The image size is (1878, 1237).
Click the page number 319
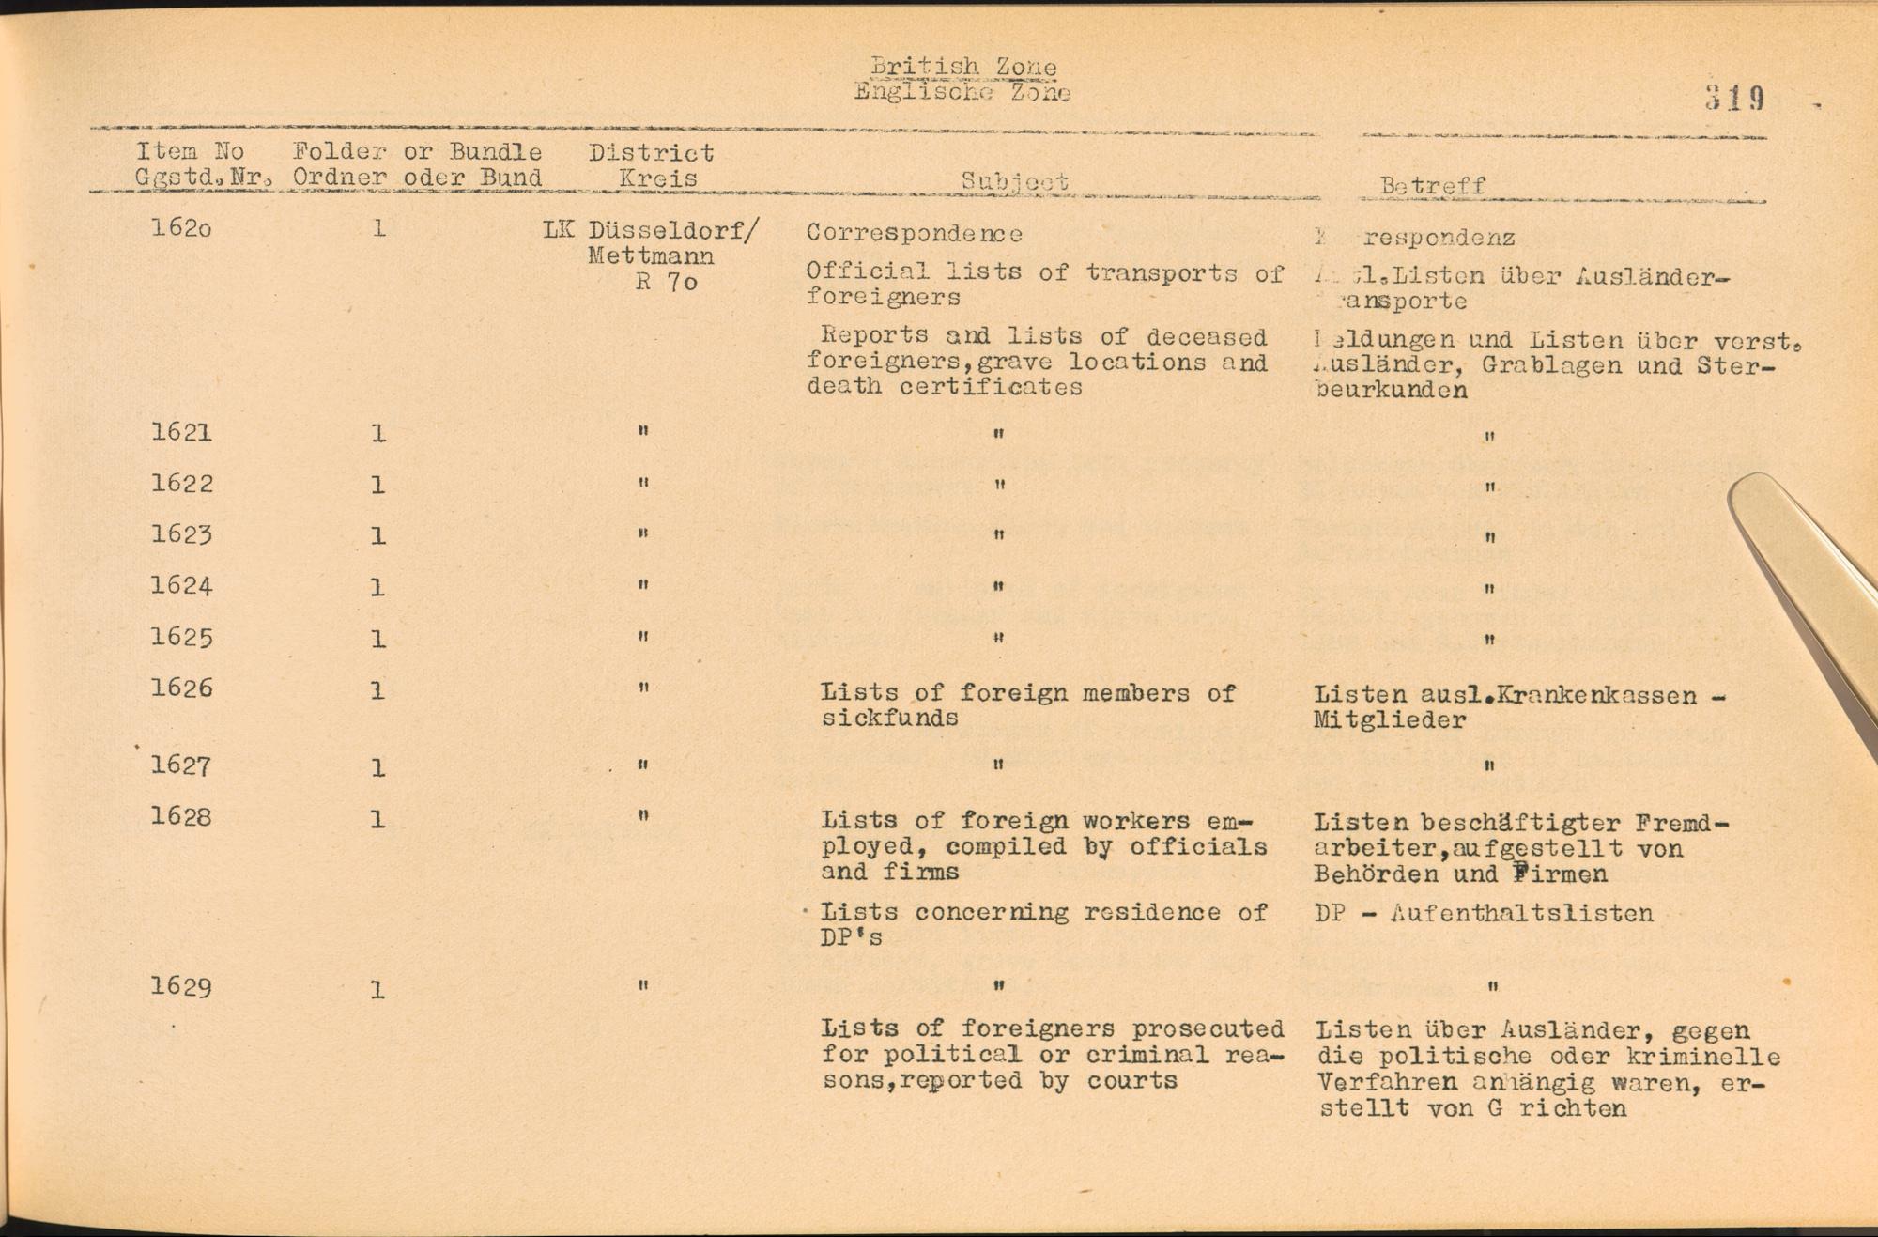[1735, 99]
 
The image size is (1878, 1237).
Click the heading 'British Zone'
[962, 67]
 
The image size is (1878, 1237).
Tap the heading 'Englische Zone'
[962, 92]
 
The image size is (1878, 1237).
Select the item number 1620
[181, 228]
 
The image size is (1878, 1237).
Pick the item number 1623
[181, 534]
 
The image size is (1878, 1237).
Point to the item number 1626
[181, 688]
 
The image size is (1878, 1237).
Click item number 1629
[181, 987]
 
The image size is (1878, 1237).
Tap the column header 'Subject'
[1014, 181]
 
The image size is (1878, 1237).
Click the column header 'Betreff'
[1433, 185]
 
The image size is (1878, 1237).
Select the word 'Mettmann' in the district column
[651, 255]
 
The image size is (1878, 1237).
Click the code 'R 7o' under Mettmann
[667, 282]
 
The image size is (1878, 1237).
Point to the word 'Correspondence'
[914, 233]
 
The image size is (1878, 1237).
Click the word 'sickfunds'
[889, 719]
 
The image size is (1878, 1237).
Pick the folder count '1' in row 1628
[377, 820]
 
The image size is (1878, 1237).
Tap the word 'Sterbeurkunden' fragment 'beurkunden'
[1392, 391]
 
